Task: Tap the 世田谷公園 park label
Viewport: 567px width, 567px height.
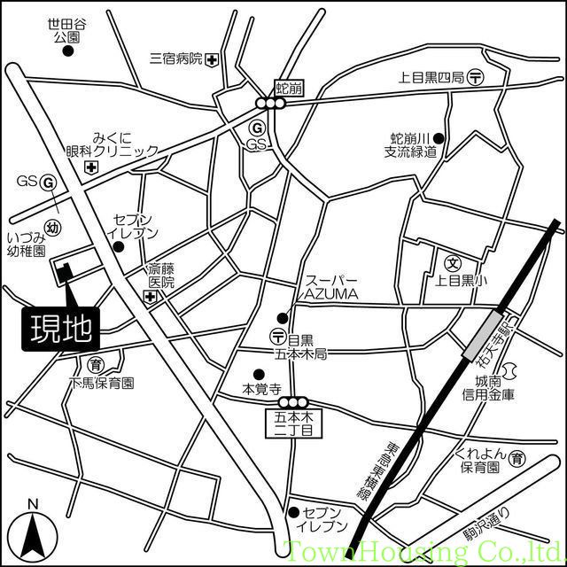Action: (67, 32)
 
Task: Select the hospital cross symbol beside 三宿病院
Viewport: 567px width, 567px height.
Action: (212, 60)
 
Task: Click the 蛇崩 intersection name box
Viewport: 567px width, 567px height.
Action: (288, 87)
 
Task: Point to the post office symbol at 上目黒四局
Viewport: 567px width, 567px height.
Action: (476, 78)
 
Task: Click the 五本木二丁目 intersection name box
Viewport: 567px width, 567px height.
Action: (291, 422)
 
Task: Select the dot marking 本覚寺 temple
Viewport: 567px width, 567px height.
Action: (259, 374)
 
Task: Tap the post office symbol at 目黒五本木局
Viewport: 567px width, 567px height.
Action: (278, 337)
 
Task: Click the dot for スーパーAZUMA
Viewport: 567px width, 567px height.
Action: (283, 318)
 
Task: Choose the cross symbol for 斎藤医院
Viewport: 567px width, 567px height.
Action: (151, 295)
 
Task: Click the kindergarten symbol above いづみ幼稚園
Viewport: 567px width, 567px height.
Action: (54, 228)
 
